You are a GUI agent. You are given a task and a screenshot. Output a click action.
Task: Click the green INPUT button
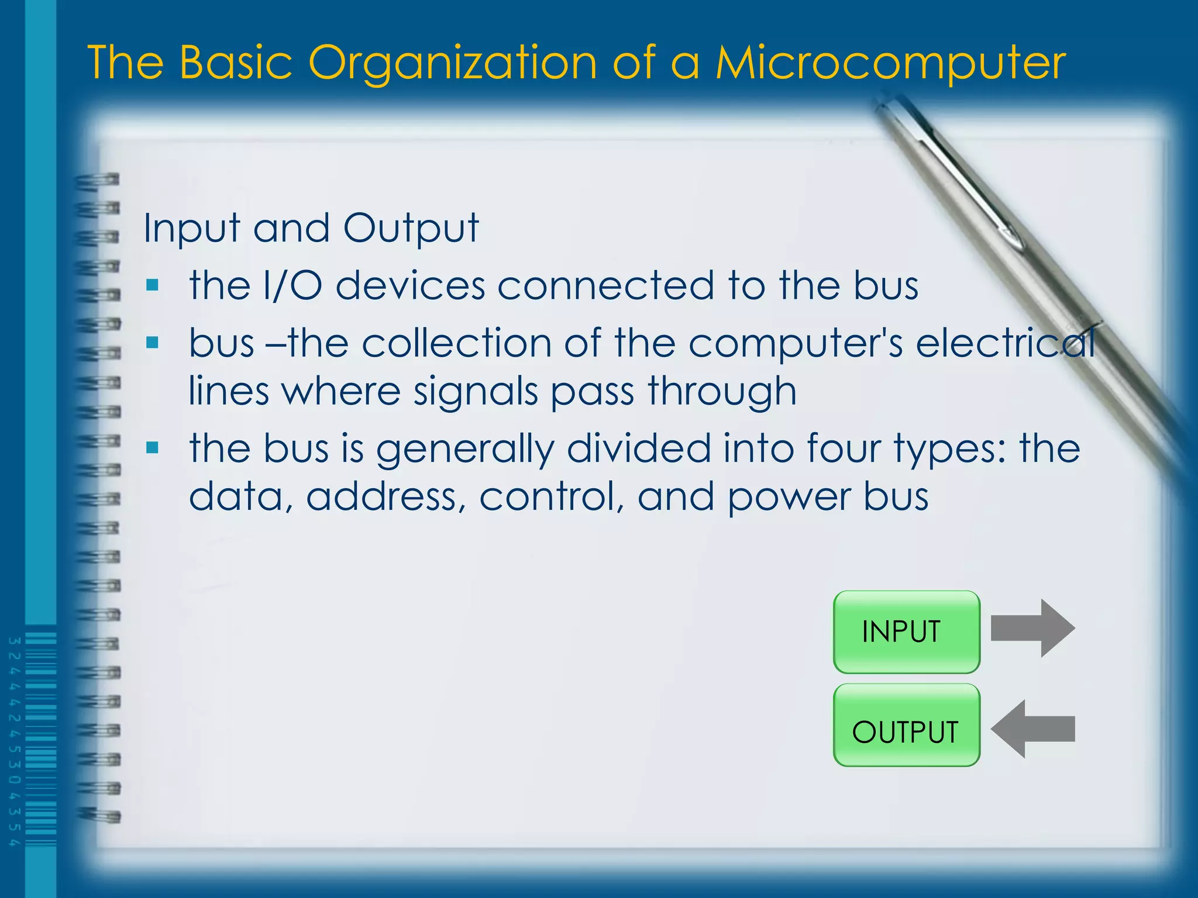(x=906, y=632)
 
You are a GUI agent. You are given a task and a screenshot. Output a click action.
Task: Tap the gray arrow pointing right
(x=1032, y=628)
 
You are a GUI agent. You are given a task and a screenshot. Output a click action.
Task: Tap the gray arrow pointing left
(x=1032, y=728)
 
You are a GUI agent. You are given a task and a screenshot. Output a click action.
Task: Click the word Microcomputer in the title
(x=890, y=63)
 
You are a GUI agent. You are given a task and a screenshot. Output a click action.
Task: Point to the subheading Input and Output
(x=311, y=228)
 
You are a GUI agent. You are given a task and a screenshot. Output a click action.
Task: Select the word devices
(x=410, y=286)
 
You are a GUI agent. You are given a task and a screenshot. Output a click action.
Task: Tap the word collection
(x=456, y=343)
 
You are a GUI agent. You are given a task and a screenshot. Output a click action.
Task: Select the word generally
(x=465, y=450)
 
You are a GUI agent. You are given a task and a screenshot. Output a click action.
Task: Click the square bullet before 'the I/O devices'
(x=153, y=286)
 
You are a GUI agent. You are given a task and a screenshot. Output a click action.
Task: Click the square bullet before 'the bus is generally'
(x=153, y=448)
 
